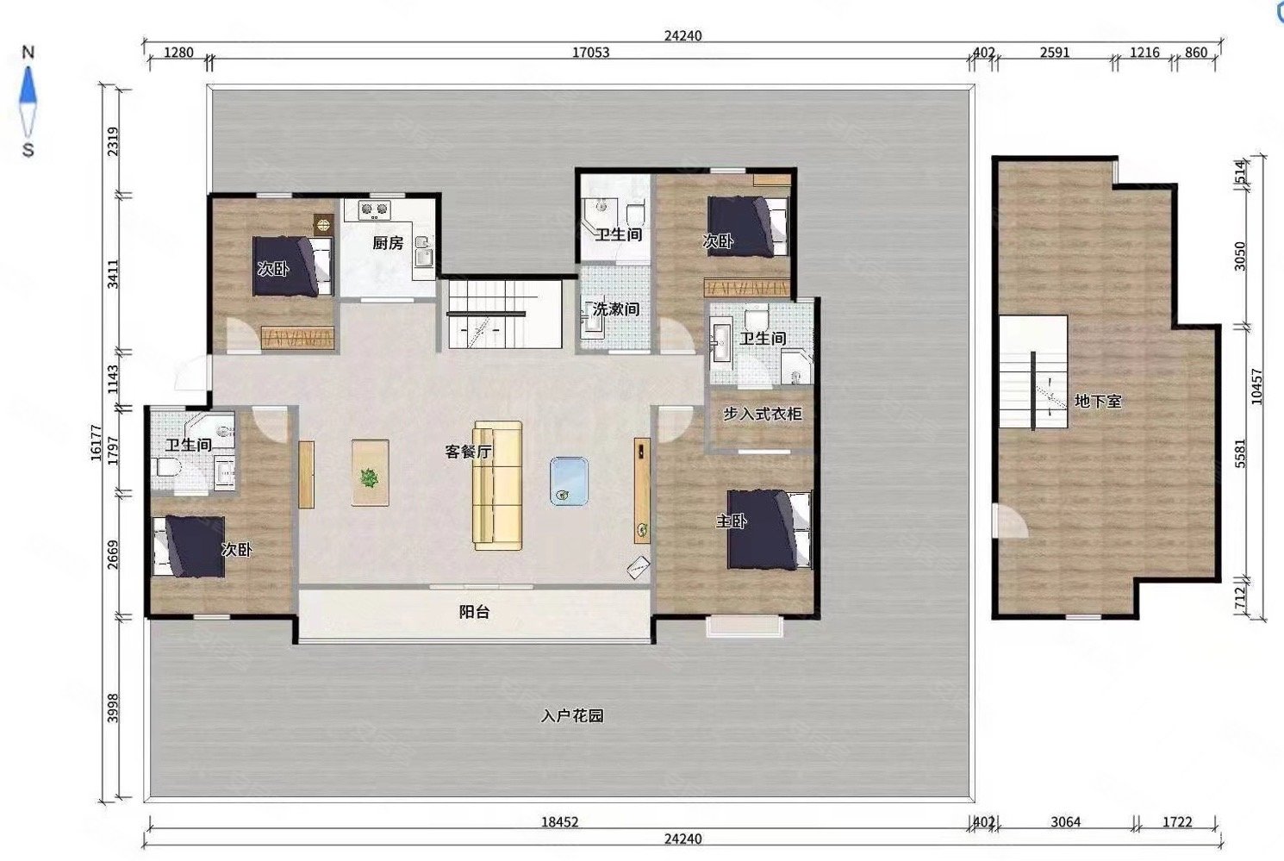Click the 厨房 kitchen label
pos(388,243)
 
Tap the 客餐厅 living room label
pos(468,452)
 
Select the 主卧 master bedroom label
pos(732,521)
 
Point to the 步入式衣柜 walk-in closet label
pos(762,414)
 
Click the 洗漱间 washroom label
pos(615,309)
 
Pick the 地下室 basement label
pos(1098,401)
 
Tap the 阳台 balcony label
pos(475,612)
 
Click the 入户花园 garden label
pos(572,715)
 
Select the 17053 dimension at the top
pos(590,53)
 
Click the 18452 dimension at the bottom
pos(560,822)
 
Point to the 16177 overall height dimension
pos(96,442)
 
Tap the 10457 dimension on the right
pos(1256,386)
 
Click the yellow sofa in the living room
pos(497,485)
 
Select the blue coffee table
pos(570,481)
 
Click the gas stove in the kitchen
pos(374,209)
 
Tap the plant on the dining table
pos(371,477)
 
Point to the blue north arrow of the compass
pos(28,86)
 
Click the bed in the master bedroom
pos(770,528)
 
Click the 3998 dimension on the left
pos(113,708)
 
